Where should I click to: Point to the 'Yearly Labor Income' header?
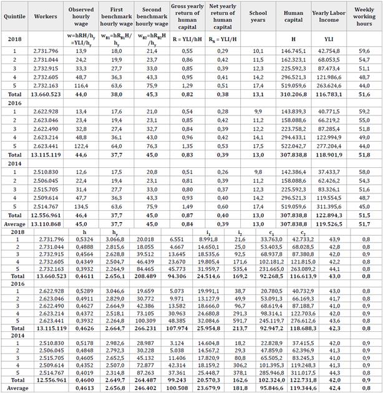(x=329, y=12)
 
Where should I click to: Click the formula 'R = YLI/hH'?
(x=187, y=28)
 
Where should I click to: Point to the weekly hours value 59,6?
(x=364, y=49)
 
